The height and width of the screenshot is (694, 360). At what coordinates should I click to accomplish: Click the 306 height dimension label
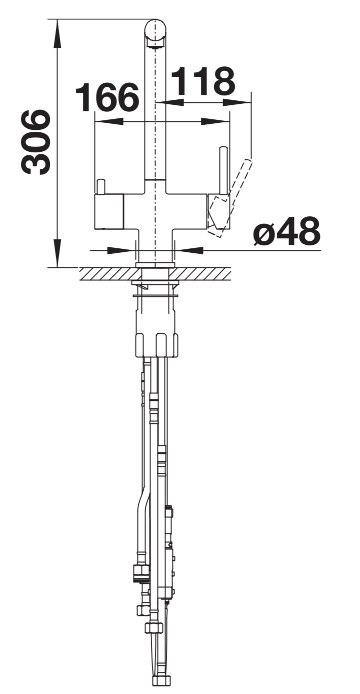tap(35, 142)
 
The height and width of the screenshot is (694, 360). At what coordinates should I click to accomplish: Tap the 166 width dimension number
tap(108, 97)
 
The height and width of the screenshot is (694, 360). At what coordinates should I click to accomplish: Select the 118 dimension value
tap(203, 81)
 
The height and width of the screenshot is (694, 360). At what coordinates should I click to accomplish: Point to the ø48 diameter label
tap(286, 231)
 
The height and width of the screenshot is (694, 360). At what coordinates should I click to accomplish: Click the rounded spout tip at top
tap(155, 32)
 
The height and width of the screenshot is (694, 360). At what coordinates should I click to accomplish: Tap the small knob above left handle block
tap(101, 186)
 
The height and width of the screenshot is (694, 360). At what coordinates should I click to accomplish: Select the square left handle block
tap(109, 212)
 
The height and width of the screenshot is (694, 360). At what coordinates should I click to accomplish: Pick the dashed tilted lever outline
tap(230, 198)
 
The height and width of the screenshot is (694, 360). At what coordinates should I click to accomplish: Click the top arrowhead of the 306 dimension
tap(57, 33)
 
